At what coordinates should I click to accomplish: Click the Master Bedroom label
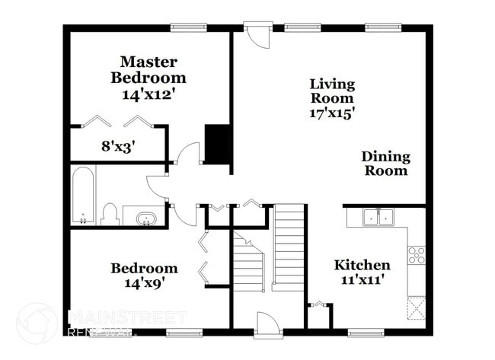[148, 69]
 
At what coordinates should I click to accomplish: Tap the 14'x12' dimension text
[148, 94]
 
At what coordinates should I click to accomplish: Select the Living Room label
[331, 91]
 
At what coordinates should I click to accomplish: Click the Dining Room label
[385, 164]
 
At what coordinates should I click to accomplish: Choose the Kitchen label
[362, 265]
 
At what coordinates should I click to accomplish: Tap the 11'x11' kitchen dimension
[362, 280]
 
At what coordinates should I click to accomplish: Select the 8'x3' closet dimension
[118, 148]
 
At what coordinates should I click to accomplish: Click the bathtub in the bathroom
[82, 196]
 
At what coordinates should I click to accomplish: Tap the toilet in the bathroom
[109, 214]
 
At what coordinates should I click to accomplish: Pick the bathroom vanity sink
[144, 218]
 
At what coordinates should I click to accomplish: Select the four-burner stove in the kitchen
[417, 255]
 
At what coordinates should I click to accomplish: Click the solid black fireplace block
[217, 144]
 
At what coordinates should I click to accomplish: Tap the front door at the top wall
[257, 36]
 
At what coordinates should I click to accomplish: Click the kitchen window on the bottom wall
[366, 333]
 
